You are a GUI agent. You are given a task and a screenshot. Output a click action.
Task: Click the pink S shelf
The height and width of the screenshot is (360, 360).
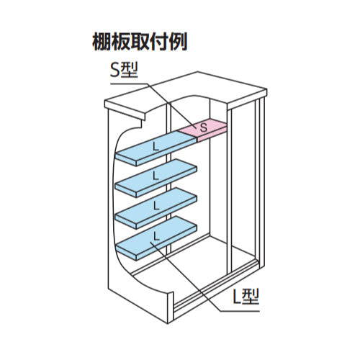click(x=203, y=130)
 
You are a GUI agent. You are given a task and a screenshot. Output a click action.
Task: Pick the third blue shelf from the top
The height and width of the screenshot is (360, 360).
click(x=156, y=208)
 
